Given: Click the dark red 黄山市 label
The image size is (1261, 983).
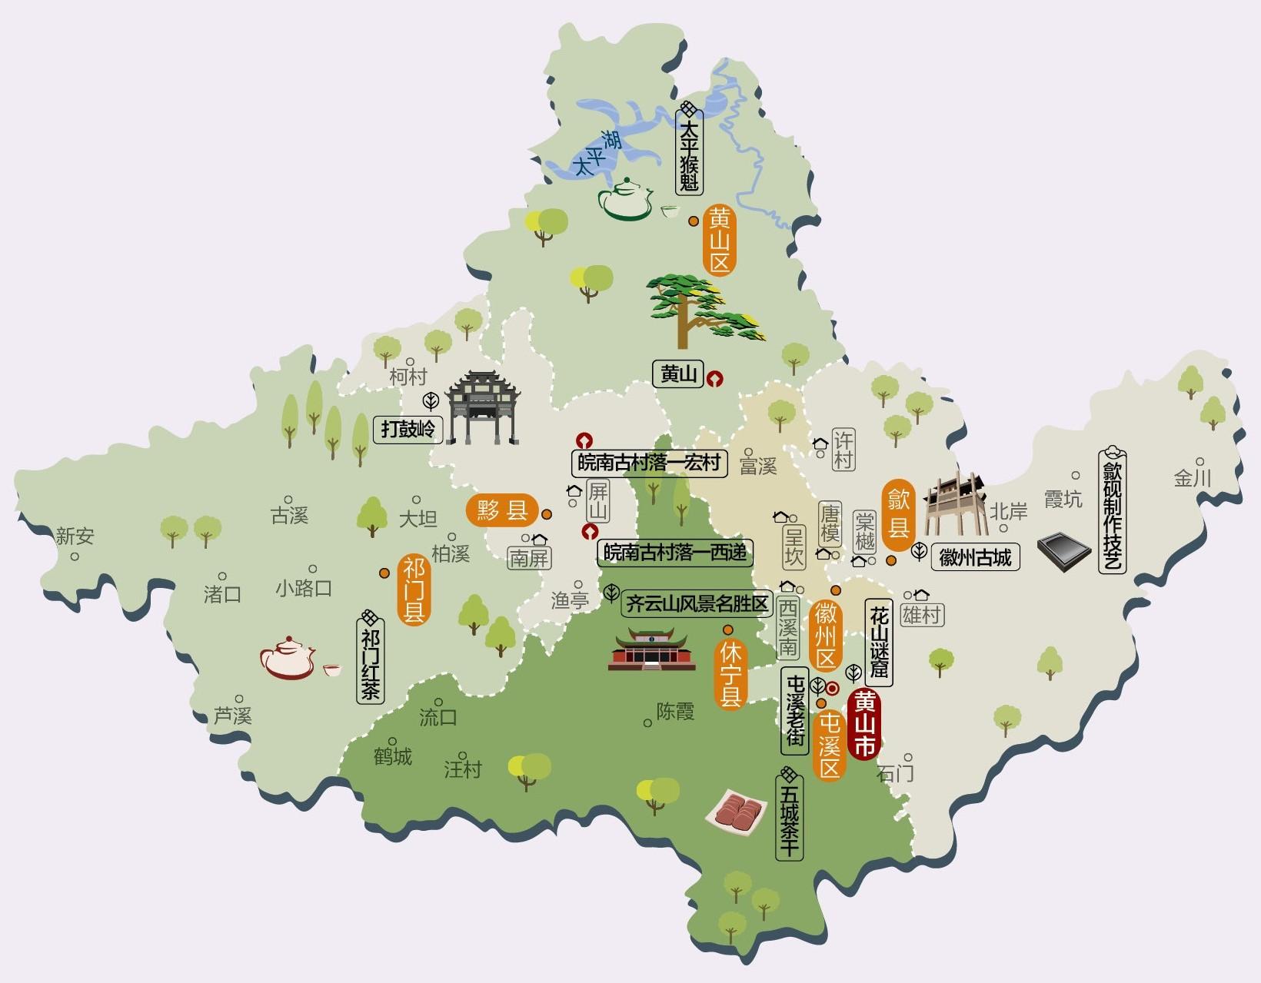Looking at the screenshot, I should pos(864,725).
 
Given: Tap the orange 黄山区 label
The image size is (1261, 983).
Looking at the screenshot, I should pos(720,241).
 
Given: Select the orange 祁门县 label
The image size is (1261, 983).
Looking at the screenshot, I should pos(414,590).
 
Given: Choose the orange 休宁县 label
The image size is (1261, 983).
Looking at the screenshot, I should pos(730,675).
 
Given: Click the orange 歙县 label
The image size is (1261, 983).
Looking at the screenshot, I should pos(898,514).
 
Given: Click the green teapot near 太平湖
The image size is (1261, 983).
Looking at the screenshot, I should pos(626,200).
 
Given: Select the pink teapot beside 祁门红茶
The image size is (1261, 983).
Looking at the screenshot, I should pos(288,659).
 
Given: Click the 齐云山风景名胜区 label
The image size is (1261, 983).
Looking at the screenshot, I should pos(697,604).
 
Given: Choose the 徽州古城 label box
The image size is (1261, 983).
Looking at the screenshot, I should pos(975,557).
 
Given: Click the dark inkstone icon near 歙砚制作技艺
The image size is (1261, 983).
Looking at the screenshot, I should pos(1063,551).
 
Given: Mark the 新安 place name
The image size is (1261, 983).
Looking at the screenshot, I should pos(75,536).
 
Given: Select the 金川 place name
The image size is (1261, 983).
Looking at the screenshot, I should pos(1192,478).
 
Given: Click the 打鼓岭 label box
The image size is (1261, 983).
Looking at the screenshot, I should pos(408,428).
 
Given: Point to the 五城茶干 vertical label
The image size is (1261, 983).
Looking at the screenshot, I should pos(789,819).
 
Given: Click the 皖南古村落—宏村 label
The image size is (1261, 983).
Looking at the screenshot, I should pos(650,463).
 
